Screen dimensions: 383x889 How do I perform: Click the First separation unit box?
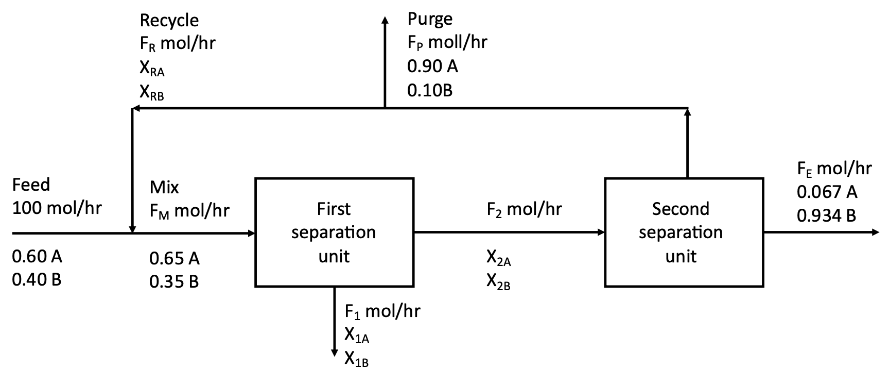click(334, 232)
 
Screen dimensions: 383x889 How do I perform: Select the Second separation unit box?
click(684, 232)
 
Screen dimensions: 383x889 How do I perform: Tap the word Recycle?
click(169, 20)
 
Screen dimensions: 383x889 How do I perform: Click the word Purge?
click(430, 19)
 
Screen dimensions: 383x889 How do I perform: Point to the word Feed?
click(31, 185)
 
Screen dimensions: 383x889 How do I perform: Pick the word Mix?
click(164, 187)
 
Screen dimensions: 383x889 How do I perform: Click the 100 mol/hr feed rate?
click(57, 208)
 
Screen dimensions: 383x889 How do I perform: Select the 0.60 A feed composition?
click(37, 256)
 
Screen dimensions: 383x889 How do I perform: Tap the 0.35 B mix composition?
click(174, 282)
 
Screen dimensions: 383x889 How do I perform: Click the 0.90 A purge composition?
click(432, 66)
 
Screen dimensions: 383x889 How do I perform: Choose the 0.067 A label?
click(827, 192)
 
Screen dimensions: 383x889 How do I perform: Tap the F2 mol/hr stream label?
click(524, 209)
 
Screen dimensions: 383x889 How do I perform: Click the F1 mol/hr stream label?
click(382, 312)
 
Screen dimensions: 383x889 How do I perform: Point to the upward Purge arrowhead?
click(385, 20)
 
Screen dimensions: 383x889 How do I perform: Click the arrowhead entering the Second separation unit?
click(601, 232)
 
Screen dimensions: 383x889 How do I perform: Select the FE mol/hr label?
click(834, 169)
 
